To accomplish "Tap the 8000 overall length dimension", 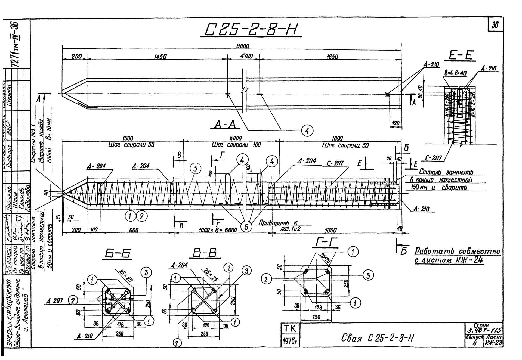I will (242, 46).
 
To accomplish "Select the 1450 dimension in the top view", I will (160, 57).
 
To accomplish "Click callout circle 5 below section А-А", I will (246, 226).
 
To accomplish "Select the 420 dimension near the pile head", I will (395, 123).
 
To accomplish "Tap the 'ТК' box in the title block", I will (290, 329).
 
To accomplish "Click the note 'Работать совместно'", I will (457, 251).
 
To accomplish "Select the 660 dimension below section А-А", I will (134, 230).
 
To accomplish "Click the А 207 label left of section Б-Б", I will (55, 300).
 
